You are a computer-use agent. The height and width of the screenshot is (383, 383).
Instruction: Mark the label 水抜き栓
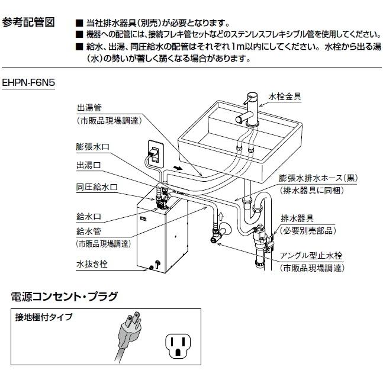tap(92, 266)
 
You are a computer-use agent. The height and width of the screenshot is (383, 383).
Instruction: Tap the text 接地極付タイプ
tap(44, 317)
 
